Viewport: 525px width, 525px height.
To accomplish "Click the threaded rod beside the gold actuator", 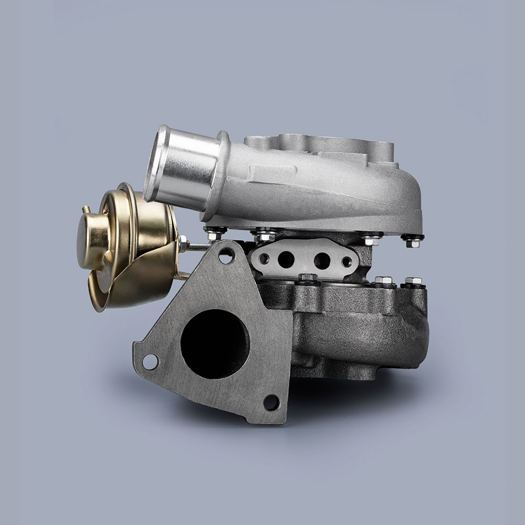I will click(197, 246).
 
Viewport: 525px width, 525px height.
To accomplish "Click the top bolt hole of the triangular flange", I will click(226, 256).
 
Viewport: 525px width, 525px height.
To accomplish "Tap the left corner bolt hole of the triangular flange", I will click(150, 361).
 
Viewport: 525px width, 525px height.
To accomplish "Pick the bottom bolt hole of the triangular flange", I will click(271, 403).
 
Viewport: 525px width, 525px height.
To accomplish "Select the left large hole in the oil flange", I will click(286, 258).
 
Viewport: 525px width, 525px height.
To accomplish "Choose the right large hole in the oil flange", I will click(322, 259).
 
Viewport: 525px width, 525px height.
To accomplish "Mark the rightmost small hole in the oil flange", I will click(346, 261).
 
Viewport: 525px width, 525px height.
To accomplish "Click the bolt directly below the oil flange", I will click(307, 278).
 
